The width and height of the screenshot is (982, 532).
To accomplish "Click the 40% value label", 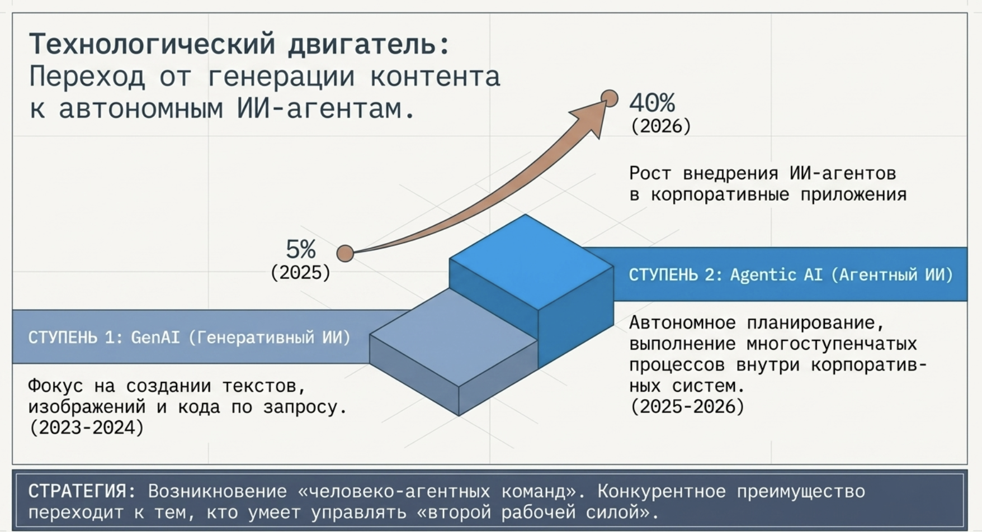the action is pos(652,103).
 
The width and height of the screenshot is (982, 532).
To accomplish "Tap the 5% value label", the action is pos(301,249).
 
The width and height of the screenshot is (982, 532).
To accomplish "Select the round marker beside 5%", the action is pos(345,253).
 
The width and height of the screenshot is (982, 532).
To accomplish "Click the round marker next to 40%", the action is pos(610,98).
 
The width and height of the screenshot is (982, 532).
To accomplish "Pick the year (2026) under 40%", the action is pos(661,126).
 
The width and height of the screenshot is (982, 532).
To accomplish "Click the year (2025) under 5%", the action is pos(301,273).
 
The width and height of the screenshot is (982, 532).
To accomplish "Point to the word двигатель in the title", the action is pos(369,45).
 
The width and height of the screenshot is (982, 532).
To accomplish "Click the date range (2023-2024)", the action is pos(87,428).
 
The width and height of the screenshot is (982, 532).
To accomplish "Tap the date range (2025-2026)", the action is pos(687,407).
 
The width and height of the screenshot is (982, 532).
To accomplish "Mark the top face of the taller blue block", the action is pos(531,262).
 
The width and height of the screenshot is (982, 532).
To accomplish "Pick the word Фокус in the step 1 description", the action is pos(55,386).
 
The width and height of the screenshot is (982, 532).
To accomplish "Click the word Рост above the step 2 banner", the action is pos(650,173).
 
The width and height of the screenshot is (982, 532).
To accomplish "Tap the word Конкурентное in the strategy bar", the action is pos(662,491).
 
